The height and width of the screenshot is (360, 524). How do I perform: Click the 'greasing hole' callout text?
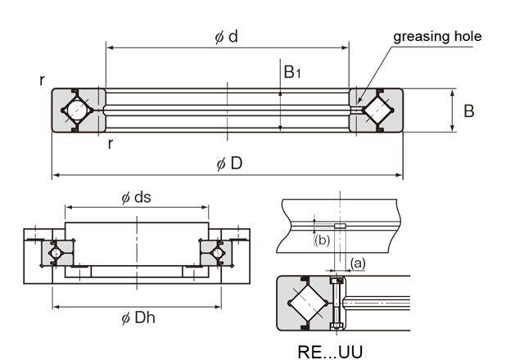coord(437,37)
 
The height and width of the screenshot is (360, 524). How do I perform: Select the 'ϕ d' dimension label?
coord(226,36)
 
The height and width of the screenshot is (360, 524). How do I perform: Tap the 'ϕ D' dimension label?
coord(229,164)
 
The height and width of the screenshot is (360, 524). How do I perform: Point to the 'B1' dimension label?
coord(291,72)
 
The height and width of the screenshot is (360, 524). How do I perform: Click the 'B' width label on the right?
coord(469,111)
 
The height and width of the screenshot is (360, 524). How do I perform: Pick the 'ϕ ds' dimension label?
coord(137,197)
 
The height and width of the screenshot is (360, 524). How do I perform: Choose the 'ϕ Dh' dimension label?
coord(138,317)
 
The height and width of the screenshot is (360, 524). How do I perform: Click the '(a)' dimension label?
coord(358,263)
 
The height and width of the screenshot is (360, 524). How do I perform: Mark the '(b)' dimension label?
coord(322,240)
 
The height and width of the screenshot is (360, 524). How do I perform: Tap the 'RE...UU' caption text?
coord(330,352)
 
